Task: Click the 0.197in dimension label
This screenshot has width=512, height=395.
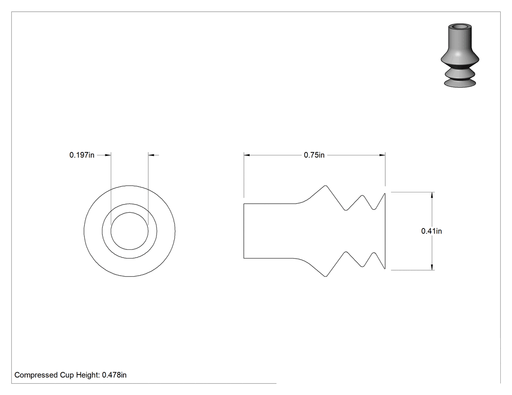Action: click(x=81, y=155)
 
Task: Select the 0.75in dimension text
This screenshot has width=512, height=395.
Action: click(x=314, y=155)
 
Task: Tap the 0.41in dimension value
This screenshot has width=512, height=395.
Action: click(x=432, y=231)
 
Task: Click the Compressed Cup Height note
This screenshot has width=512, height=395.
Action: click(x=71, y=375)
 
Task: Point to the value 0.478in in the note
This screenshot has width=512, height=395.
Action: click(x=114, y=375)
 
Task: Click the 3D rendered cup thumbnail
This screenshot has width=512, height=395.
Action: click(x=460, y=55)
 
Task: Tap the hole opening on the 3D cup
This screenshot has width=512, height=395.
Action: click(x=460, y=26)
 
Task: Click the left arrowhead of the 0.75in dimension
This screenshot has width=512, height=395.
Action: click(x=247, y=155)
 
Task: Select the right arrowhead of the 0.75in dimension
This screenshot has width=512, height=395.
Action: click(x=382, y=155)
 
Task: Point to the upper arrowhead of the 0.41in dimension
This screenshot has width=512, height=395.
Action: click(x=433, y=195)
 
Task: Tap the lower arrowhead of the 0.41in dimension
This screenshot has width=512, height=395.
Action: click(x=433, y=267)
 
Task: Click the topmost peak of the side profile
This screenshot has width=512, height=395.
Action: click(x=325, y=186)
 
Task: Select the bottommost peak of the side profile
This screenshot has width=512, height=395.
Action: click(x=325, y=276)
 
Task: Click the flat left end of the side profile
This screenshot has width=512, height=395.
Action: click(x=244, y=231)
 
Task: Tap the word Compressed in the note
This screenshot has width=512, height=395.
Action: click(x=36, y=375)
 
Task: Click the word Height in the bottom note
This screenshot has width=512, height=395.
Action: click(x=88, y=375)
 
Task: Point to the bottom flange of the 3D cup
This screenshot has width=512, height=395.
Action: click(x=460, y=83)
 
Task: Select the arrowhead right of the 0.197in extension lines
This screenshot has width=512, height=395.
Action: click(x=151, y=155)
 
